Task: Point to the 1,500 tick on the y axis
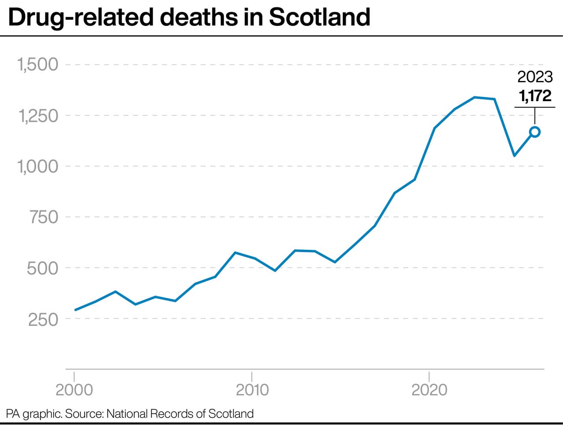[38, 65]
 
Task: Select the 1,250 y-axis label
[38, 116]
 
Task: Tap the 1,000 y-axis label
[38, 167]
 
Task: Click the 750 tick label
[44, 217]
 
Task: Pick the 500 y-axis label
[43, 268]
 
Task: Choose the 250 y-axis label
[43, 319]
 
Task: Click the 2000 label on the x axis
[74, 390]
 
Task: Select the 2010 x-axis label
[252, 390]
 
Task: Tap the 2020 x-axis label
[429, 390]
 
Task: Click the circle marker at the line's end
[535, 132]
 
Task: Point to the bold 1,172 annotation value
[535, 96]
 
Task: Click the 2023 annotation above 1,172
[535, 77]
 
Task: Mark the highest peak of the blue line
[475, 97]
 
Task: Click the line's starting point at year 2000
[75, 310]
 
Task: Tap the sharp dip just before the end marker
[514, 156]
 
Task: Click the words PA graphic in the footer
[33, 414]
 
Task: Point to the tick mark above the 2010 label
[252, 376]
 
